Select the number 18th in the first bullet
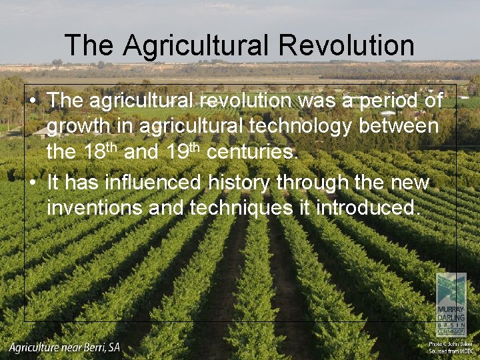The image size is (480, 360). tap(101, 152)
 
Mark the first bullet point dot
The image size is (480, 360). tap(33, 101)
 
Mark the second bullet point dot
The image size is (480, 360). tap(33, 182)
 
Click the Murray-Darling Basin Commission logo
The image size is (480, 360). tap(451, 304)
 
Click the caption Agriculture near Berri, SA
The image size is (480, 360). tap(65, 347)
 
